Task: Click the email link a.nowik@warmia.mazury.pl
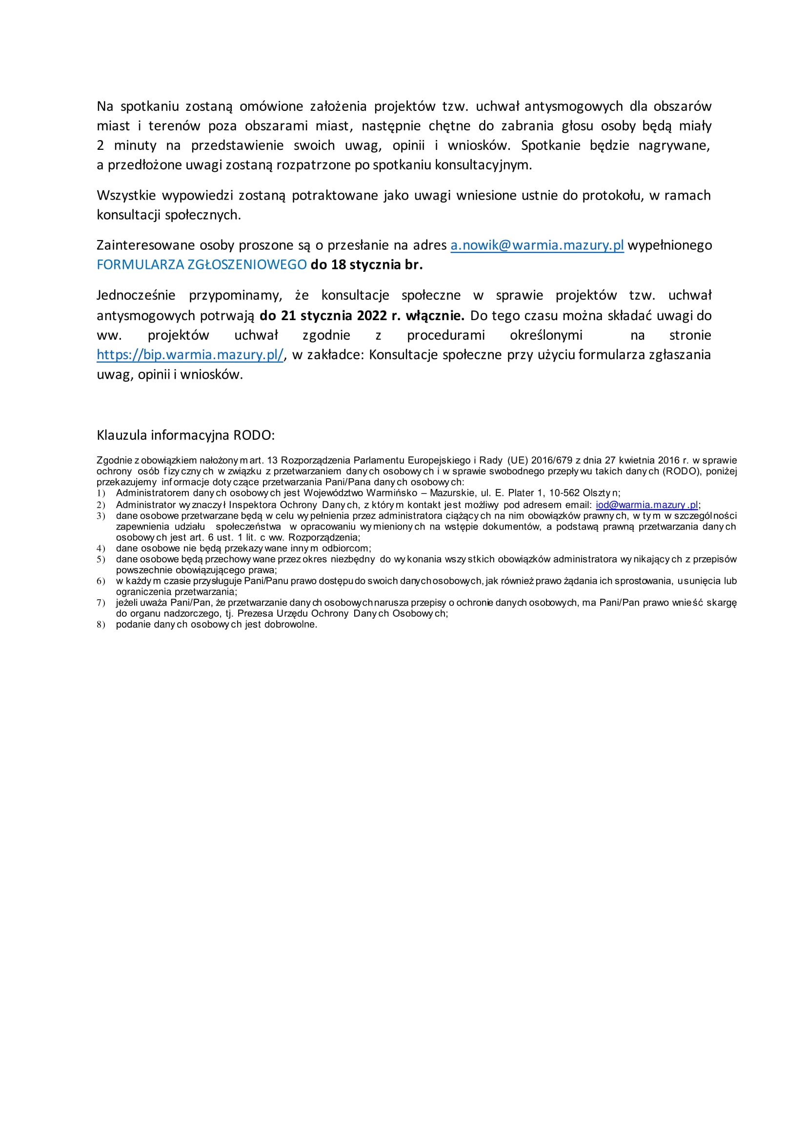tap(537, 245)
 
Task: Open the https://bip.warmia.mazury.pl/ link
tap(190, 355)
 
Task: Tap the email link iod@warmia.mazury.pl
tap(647, 505)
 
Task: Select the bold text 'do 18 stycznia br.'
tap(367, 265)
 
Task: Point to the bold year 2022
tap(372, 316)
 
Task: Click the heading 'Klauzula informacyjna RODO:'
tap(185, 435)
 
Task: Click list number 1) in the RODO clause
tap(101, 493)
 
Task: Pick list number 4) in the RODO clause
tap(101, 549)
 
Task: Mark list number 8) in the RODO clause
tap(101, 625)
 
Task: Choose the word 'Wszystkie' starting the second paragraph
tap(126, 195)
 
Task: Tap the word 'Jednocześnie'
tap(136, 295)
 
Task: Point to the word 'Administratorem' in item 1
tap(153, 493)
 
